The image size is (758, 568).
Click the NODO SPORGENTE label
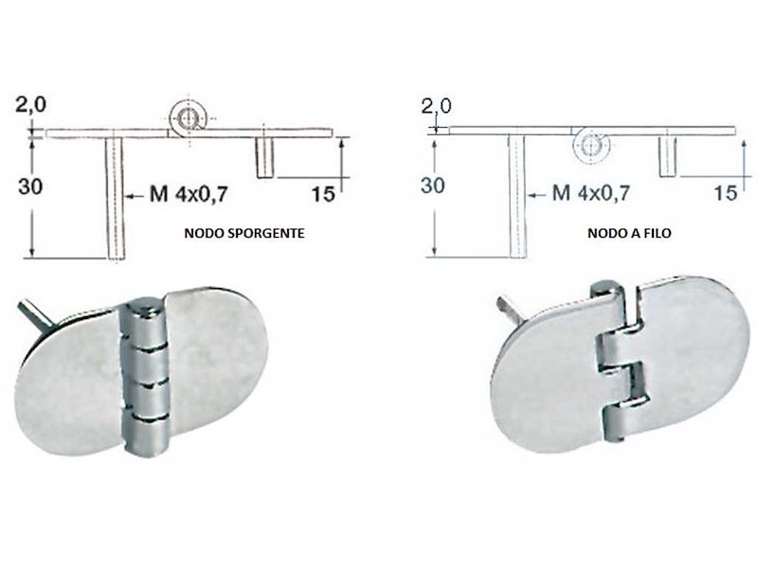point(244,233)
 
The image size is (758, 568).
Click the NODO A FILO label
point(629,233)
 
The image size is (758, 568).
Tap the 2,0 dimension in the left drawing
point(31,104)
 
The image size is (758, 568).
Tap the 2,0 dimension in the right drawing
point(436,106)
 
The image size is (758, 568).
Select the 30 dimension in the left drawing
point(30,186)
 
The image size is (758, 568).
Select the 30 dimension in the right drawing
point(432,186)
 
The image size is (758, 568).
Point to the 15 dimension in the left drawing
point(322,194)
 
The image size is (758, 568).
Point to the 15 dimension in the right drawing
point(725,193)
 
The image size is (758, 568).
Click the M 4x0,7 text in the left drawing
point(188,195)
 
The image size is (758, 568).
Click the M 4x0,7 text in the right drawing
point(590,193)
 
